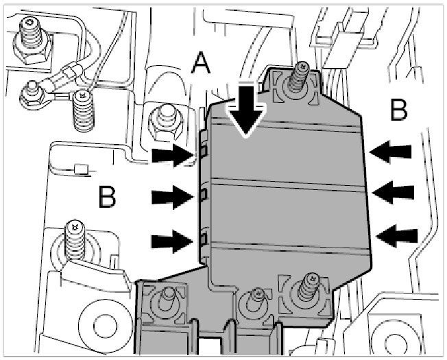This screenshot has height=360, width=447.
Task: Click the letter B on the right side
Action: [400, 108]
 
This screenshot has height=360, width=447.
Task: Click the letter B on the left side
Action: [108, 197]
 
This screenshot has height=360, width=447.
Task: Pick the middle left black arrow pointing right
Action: [171, 198]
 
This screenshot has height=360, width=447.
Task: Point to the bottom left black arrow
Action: [171, 240]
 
